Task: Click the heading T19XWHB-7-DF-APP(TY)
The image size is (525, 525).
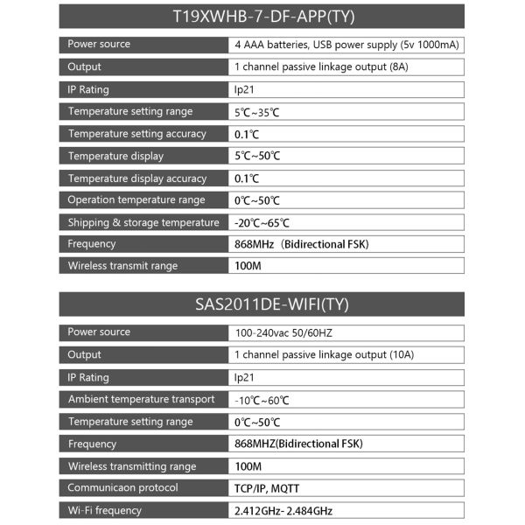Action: [262, 17]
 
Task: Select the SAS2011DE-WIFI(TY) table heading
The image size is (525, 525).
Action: [262, 305]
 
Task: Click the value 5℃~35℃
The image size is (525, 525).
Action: [257, 112]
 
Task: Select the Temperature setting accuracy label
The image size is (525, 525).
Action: [137, 134]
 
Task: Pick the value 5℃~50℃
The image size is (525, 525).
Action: [257, 157]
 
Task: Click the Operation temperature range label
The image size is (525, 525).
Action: [136, 200]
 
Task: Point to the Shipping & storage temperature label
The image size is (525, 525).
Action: [143, 222]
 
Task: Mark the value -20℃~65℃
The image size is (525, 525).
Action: [262, 223]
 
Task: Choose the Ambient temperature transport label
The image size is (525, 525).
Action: [142, 400]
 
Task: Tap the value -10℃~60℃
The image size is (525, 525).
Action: [262, 401]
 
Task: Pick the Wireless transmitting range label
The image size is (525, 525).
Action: [132, 466]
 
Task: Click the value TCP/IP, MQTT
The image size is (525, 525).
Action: [272, 489]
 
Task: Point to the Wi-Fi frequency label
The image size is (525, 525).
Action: [105, 511]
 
